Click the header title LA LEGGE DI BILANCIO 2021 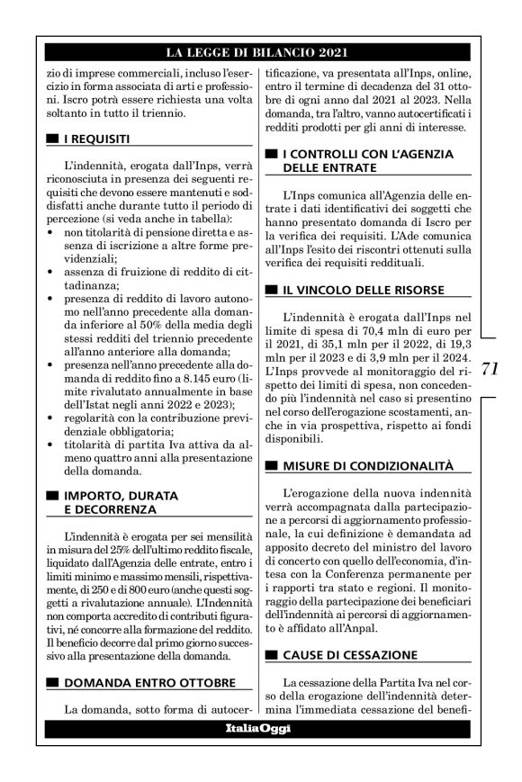point(260,52)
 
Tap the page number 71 point(489,369)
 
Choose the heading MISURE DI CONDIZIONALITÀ point(364,466)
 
